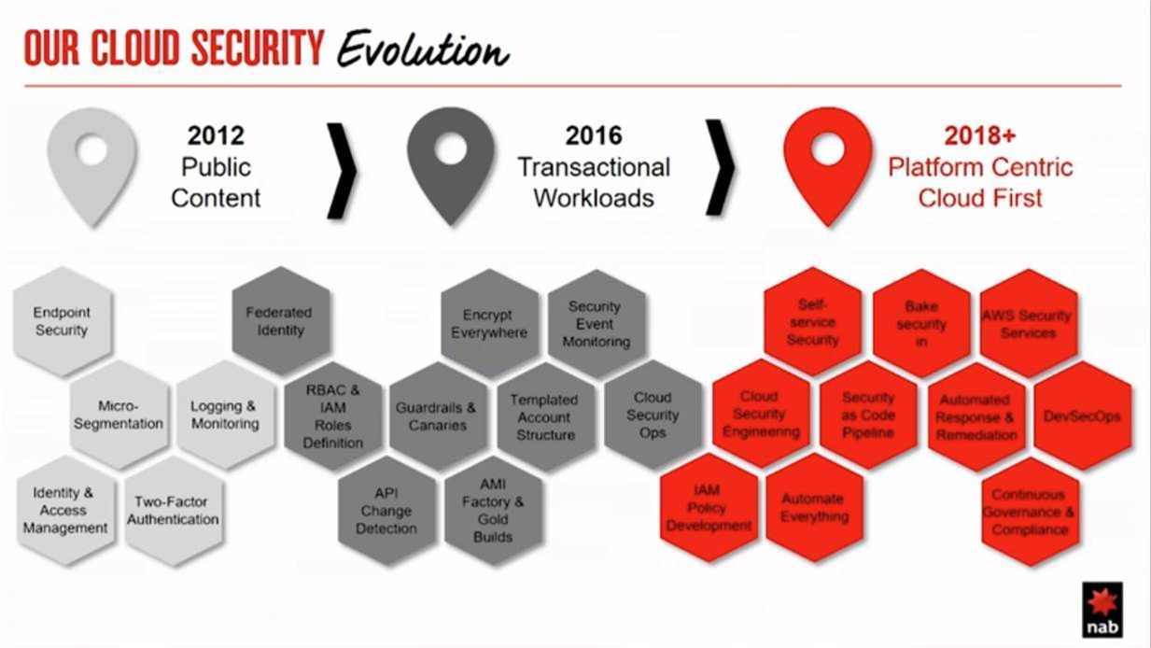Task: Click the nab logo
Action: [x=1102, y=610]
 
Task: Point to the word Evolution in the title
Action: [x=423, y=49]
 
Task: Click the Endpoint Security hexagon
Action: [x=63, y=321]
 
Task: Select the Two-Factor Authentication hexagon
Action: [x=174, y=511]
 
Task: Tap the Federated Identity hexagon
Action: [x=280, y=320]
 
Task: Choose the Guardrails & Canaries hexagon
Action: [x=437, y=416]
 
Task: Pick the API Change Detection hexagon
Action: [x=386, y=511]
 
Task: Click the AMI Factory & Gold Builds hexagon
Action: [x=493, y=511]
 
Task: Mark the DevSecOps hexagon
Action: [x=1083, y=416]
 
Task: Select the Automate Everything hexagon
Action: [x=814, y=508]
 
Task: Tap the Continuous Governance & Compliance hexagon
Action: [x=1030, y=512]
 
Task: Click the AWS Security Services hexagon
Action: [x=1028, y=324]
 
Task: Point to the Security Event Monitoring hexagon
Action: [x=597, y=324]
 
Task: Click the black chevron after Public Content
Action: [x=342, y=171]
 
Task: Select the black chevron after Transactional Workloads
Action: [x=721, y=167]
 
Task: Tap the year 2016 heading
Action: [x=594, y=135]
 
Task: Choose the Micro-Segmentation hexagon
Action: [x=119, y=415]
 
